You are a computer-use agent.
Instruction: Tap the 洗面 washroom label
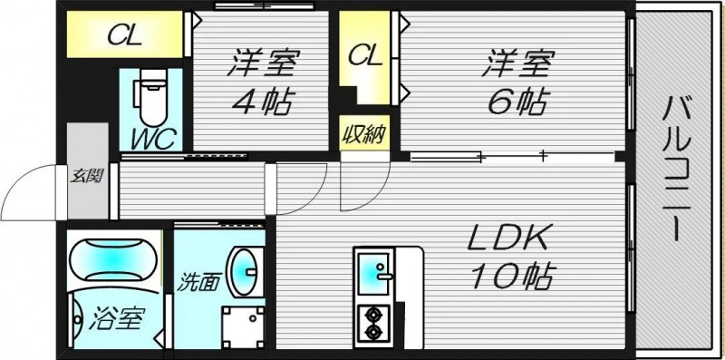[198, 281]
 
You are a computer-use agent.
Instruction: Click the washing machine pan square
[244, 323]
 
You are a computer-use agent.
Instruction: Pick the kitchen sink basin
[373, 271]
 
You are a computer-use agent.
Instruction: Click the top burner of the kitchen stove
[372, 316]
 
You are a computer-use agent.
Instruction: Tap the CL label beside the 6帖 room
[365, 55]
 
